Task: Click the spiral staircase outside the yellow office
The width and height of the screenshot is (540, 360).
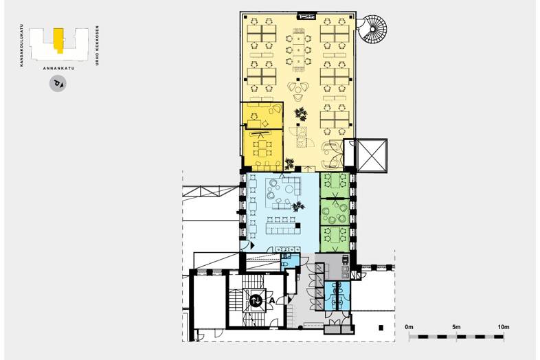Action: pos(373,28)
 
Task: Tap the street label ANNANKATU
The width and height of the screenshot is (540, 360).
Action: pos(58,68)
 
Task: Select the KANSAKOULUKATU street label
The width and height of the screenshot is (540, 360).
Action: pos(22,45)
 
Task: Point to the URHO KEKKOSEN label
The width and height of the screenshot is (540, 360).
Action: pos(97,45)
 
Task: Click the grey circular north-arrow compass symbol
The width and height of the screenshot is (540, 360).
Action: pos(58,84)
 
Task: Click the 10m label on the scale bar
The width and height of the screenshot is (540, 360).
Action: pos(503,327)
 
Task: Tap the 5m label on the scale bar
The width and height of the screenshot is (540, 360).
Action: pos(456,327)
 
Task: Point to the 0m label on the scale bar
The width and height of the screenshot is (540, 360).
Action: pos(409,327)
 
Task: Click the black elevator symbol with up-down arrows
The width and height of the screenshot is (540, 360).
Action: pos(256,300)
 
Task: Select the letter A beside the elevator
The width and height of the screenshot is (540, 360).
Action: pos(271,300)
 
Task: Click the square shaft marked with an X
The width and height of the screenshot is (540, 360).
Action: pos(372,155)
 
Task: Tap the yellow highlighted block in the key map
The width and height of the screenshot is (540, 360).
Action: pos(58,41)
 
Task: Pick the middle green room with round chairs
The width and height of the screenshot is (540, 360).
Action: pos(335,212)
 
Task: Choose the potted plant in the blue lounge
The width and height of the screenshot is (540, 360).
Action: pos(297,207)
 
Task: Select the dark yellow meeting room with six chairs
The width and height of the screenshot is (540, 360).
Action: pos(262,150)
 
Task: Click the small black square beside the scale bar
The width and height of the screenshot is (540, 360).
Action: pos(381,328)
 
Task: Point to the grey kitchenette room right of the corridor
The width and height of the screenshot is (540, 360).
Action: pos(333,267)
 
